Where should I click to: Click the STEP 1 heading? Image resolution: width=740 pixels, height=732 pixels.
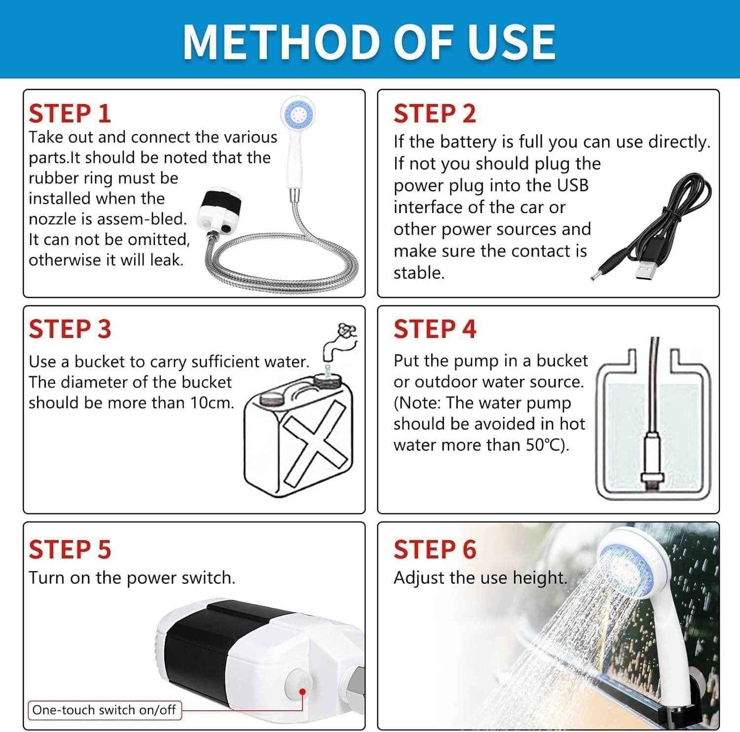[x=70, y=113]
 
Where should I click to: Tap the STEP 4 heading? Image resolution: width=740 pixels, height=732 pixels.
[x=435, y=329]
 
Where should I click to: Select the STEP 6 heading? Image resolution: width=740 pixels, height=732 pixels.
[x=435, y=549]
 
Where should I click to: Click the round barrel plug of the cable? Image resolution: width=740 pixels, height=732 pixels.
[x=601, y=273]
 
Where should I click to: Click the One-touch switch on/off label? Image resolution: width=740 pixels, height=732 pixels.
[x=104, y=710]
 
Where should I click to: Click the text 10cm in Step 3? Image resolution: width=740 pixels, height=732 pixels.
[x=212, y=403]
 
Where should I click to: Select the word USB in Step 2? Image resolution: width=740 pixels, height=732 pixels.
[x=573, y=185]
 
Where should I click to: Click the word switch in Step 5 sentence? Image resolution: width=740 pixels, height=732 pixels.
[x=207, y=578]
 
